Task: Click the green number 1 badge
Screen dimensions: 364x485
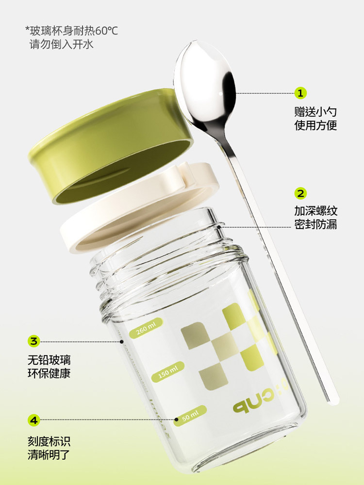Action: pos(300,93)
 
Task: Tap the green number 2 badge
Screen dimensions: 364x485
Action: pos(300,194)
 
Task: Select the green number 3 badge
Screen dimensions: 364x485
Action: pos(34,341)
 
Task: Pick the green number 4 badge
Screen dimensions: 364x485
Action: pos(34,420)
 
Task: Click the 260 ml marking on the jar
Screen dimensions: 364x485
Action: pos(145,327)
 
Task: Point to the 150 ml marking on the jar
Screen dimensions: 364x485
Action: pos(168,372)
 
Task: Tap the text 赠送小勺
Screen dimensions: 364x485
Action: pos(315,112)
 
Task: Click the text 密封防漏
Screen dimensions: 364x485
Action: pos(315,224)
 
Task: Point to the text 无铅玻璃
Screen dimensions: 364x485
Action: pos(49,360)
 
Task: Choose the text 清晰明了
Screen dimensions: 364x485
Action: pos(49,455)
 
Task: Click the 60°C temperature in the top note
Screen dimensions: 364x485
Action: pos(106,31)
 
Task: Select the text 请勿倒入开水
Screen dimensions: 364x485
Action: pos(61,44)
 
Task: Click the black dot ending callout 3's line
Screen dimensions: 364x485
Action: pos(122,341)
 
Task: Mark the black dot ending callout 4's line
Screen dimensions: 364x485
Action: pos(177,420)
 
